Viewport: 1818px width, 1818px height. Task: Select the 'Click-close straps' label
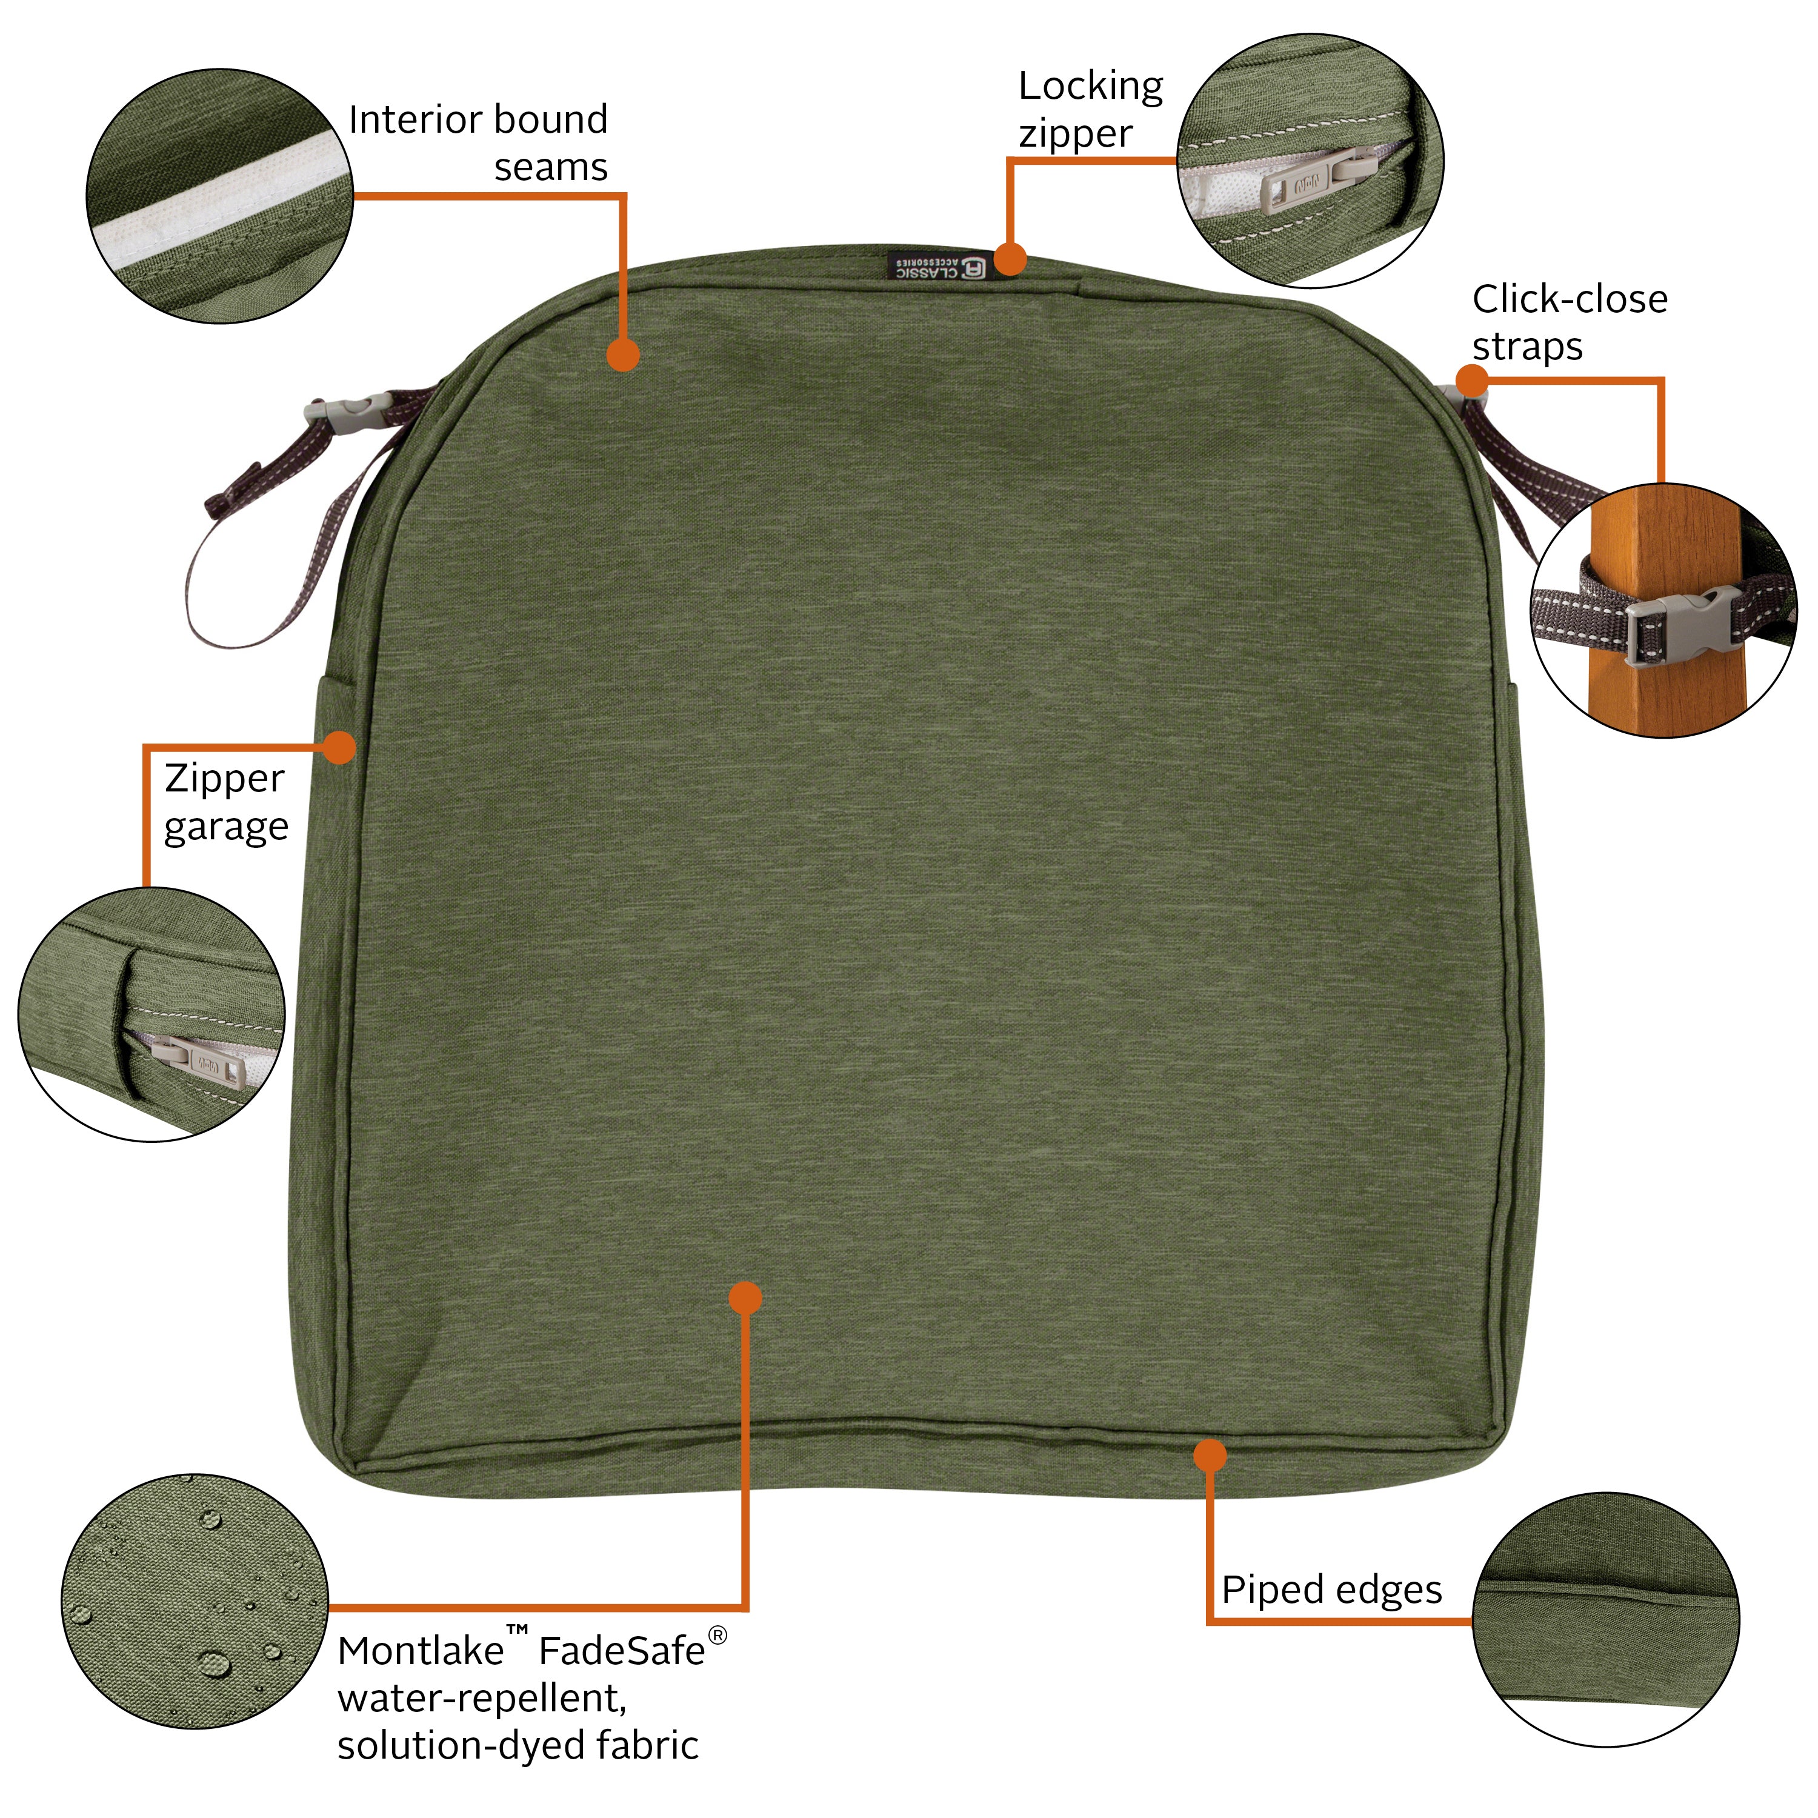(1569, 322)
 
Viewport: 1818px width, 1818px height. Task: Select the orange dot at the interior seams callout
(623, 355)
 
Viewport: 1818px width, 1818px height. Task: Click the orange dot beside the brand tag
(1010, 258)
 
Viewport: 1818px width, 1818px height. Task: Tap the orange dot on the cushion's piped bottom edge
(1210, 1455)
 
